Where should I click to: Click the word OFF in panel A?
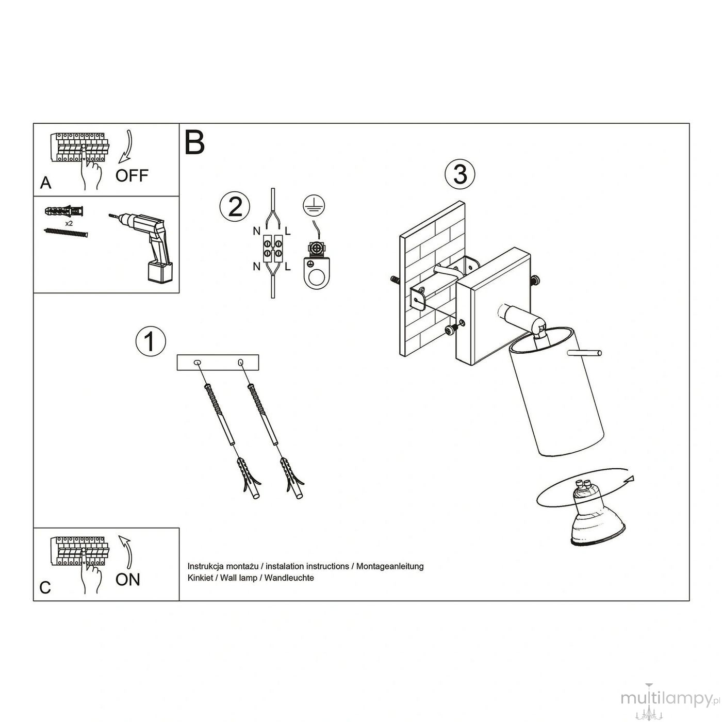point(132,176)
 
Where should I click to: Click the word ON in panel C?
point(128,580)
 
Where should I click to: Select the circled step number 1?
point(150,341)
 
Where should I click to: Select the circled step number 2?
point(235,206)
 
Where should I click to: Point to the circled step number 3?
point(460,174)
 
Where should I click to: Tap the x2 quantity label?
point(69,223)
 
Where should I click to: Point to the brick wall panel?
point(432,279)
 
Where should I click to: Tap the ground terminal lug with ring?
point(317,266)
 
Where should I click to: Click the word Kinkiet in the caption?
point(200,578)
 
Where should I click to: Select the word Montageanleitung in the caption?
point(390,566)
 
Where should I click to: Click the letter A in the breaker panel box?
point(46,183)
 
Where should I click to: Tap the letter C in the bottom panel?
point(45,587)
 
